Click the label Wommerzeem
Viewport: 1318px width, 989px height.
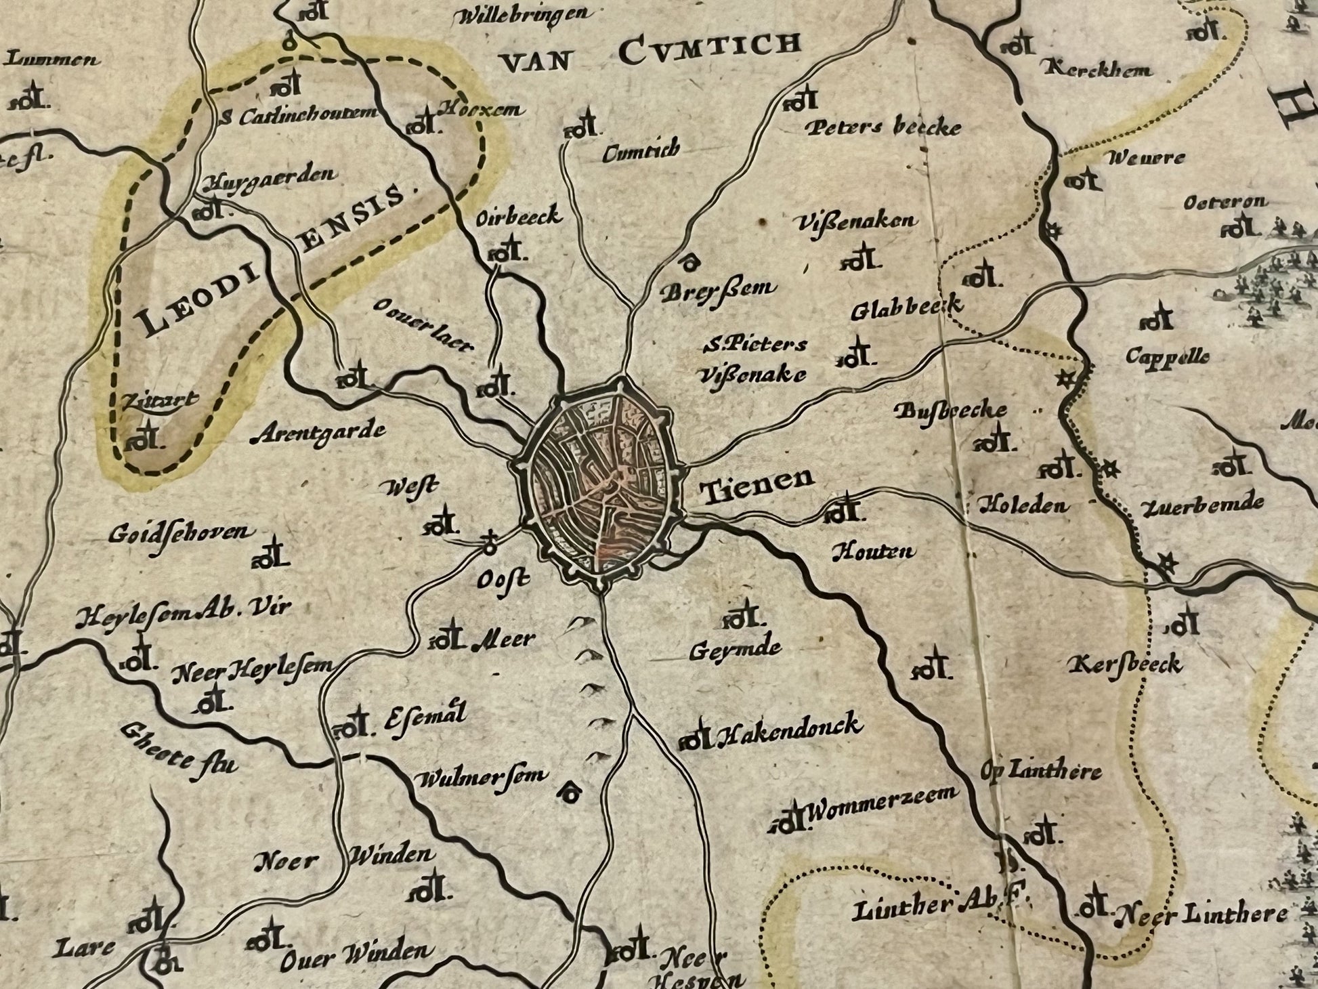click(x=882, y=803)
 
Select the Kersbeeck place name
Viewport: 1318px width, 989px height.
click(x=1126, y=665)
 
